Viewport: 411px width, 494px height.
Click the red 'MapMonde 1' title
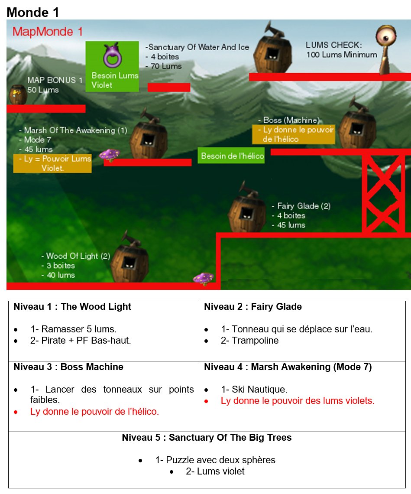[47, 32]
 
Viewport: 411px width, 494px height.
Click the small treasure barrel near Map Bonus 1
[18, 94]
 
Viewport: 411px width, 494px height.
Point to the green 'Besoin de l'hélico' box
[231, 156]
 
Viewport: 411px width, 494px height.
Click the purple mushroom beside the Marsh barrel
[109, 155]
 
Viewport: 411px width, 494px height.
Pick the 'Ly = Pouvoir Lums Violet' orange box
[52, 163]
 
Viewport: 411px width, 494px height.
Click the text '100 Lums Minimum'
[342, 55]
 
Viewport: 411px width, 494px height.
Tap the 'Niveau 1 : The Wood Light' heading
[72, 306]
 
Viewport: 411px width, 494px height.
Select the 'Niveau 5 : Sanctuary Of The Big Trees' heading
[207, 437]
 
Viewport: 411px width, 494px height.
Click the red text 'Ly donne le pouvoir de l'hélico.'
[94, 412]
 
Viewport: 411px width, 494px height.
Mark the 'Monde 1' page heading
[33, 12]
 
